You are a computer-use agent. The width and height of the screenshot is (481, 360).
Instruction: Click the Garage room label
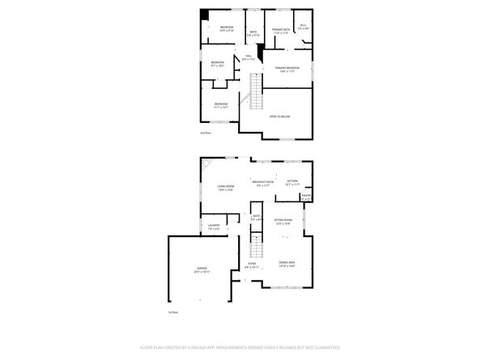click(x=202, y=269)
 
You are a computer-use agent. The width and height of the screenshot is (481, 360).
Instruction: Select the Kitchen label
click(x=292, y=182)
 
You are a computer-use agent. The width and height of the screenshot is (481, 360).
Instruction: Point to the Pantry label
click(x=306, y=197)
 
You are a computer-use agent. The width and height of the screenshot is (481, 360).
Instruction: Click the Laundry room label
click(x=214, y=227)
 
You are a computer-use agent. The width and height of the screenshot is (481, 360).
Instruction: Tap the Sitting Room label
click(x=283, y=221)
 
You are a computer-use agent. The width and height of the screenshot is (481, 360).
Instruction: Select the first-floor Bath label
click(x=256, y=217)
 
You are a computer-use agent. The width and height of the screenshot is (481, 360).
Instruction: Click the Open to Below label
click(x=279, y=117)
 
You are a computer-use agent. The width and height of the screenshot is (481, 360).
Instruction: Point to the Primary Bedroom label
click(x=287, y=69)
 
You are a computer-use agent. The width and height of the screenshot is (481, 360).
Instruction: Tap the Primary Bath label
click(x=280, y=31)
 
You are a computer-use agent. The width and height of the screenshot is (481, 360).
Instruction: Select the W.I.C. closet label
click(x=303, y=26)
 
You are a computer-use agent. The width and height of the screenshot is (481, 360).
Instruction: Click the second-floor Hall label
click(x=249, y=57)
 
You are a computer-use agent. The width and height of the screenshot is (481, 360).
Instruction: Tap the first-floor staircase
click(x=258, y=243)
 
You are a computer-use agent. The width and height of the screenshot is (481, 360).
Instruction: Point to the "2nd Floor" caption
click(x=205, y=133)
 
